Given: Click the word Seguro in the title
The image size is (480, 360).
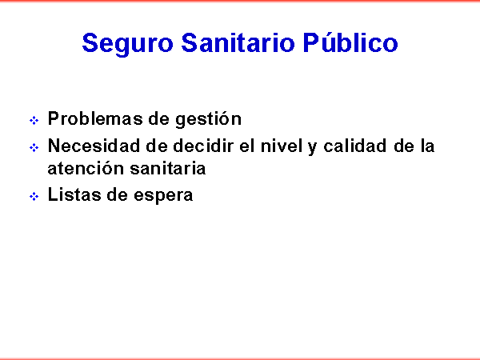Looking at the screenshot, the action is [128, 44].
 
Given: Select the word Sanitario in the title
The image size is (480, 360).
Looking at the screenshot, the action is [238, 42].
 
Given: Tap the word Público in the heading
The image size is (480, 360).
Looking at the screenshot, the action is [350, 42].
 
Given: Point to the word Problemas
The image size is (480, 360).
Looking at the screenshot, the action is [95, 118].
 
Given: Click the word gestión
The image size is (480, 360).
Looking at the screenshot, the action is [209, 119].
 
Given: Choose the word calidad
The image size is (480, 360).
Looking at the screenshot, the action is [354, 146].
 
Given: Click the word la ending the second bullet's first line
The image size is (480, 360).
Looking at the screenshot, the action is [427, 146].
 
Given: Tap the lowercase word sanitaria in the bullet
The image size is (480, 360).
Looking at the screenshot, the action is [168, 168].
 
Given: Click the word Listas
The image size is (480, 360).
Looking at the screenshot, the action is [74, 194].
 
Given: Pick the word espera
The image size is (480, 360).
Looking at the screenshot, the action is [163, 197].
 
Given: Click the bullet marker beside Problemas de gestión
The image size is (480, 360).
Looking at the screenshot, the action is [34, 120].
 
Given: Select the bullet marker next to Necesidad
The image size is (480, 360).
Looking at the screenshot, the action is [34, 147].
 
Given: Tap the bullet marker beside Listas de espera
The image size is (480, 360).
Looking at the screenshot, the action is [34, 196].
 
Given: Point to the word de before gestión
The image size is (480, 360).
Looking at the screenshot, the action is [159, 118].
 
